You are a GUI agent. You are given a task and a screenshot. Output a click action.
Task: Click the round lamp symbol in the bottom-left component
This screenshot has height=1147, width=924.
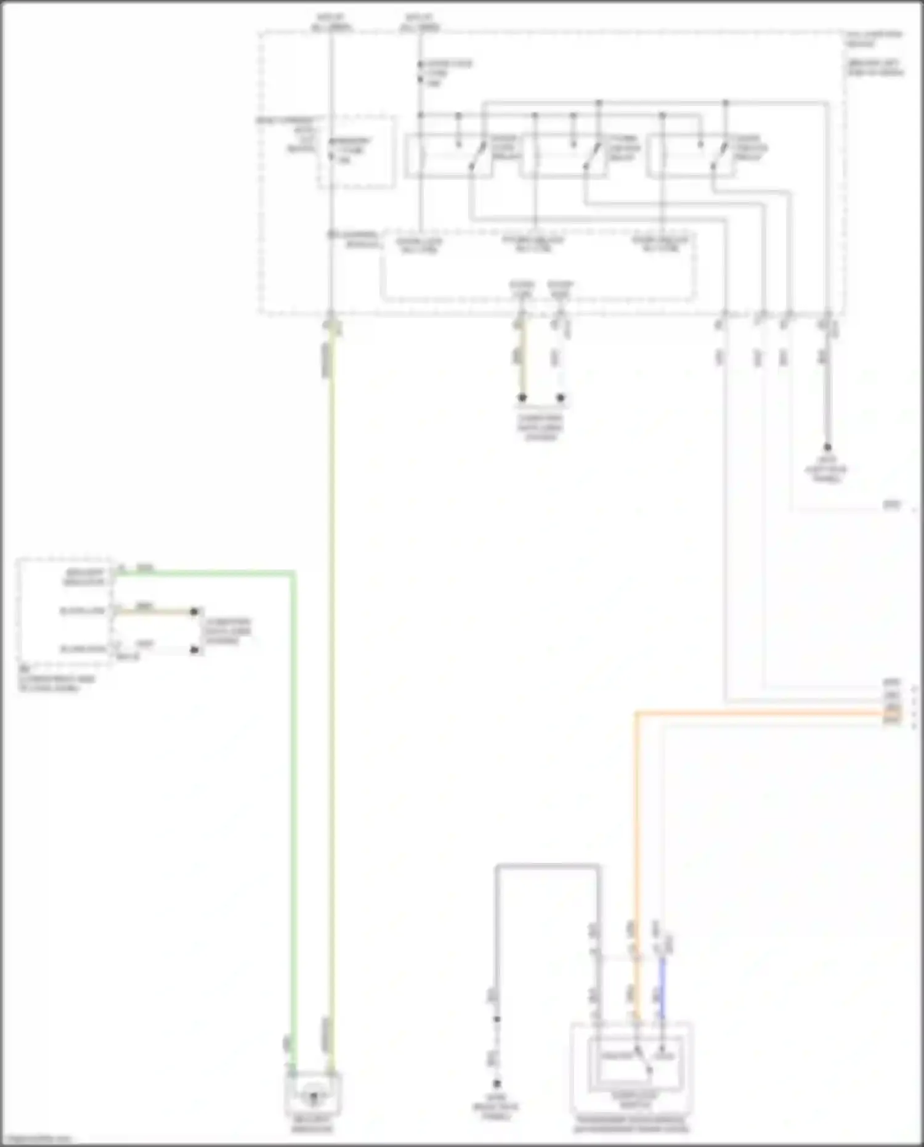(x=313, y=1096)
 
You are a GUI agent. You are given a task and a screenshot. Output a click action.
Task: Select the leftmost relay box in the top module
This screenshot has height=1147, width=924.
(x=448, y=156)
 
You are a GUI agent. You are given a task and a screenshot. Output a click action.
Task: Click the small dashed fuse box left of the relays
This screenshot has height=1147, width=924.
(x=357, y=152)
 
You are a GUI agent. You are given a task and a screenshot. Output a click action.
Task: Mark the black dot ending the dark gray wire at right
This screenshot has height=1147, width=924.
(x=828, y=447)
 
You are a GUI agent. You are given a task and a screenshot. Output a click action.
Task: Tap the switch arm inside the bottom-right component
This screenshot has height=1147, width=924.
(x=644, y=1061)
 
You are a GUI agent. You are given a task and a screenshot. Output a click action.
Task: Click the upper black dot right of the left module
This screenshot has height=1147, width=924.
(x=194, y=611)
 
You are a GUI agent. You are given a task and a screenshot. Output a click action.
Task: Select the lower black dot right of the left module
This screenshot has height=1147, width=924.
(x=194, y=650)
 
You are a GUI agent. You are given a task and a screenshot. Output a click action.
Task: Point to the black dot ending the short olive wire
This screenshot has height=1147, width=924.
(x=522, y=398)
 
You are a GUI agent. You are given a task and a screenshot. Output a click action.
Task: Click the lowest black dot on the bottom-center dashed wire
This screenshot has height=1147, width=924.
(x=496, y=1084)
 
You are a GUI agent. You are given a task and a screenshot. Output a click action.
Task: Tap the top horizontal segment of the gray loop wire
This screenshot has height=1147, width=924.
(x=547, y=867)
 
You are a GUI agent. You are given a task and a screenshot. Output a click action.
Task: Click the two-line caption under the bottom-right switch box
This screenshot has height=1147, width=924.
(x=632, y=1124)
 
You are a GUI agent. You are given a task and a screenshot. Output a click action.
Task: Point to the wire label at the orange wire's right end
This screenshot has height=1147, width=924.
(x=892, y=714)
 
